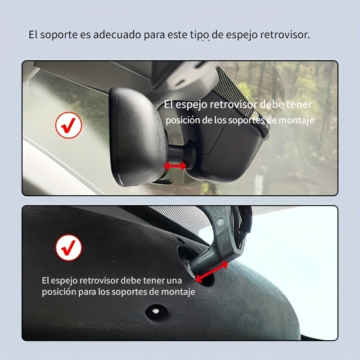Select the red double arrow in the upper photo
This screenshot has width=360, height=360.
pyautogui.click(x=175, y=166)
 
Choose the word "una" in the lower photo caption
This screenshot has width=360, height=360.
pyautogui.click(x=174, y=280)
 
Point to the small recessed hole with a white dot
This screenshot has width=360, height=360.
pyautogui.click(x=155, y=310)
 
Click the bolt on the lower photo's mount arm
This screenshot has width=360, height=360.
pyautogui.click(x=220, y=222)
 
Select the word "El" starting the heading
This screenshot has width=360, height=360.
pyautogui.click(x=33, y=35)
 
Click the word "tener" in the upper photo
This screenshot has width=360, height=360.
pyautogui.click(x=300, y=105)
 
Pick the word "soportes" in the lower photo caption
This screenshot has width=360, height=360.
pyautogui.click(x=121, y=292)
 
